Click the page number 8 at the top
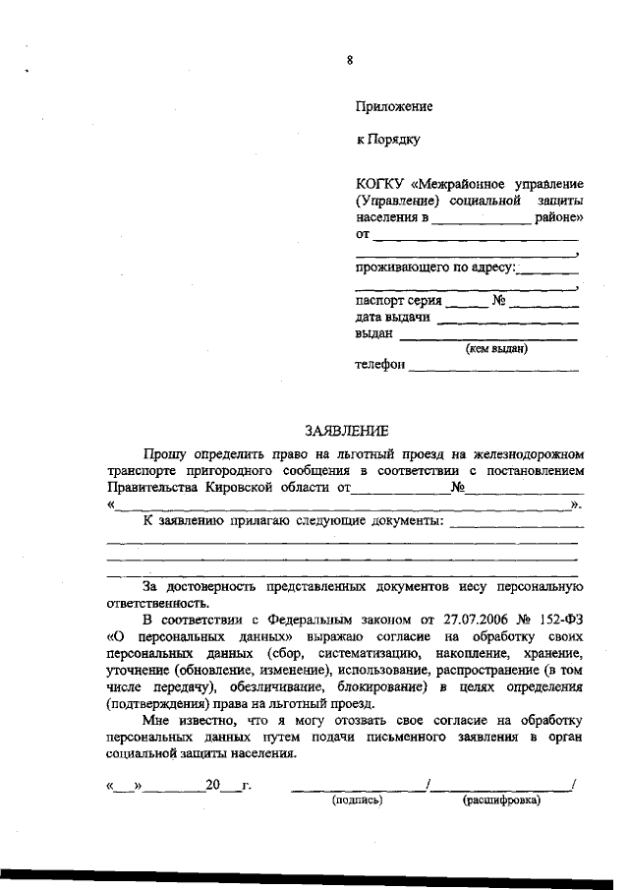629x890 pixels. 349,60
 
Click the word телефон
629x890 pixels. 379,366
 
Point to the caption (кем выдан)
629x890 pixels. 496,348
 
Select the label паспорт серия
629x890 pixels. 398,302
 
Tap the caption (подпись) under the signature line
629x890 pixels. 357,801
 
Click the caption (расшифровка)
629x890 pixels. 501,801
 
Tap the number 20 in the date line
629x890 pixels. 213,787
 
